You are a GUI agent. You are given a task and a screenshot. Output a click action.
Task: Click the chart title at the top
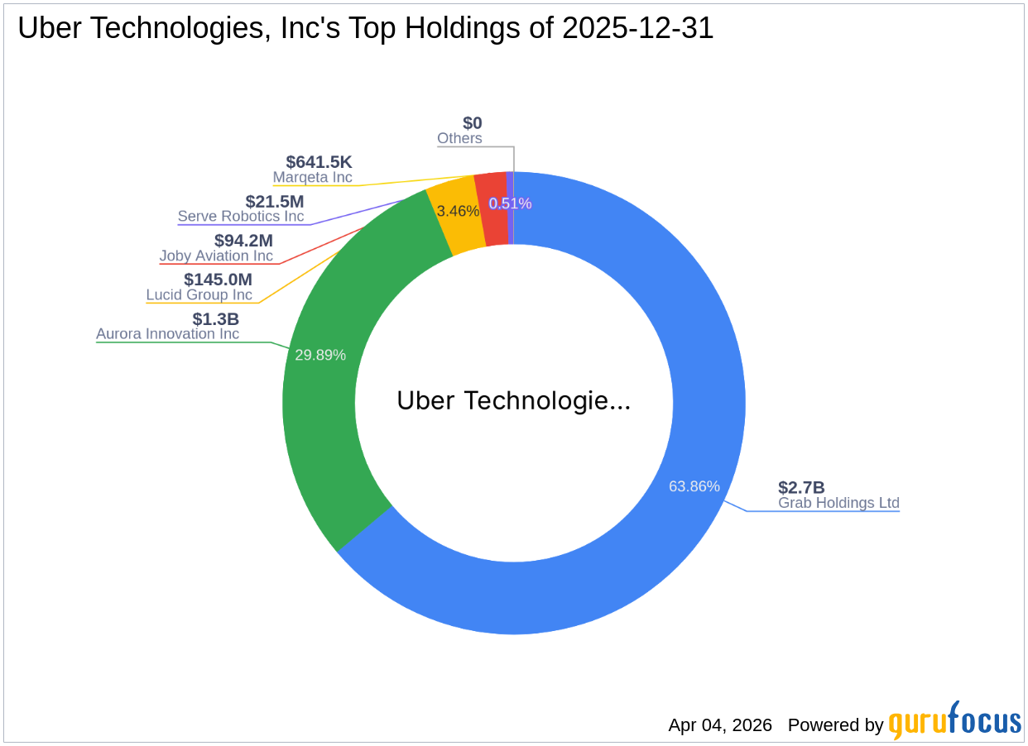click(x=365, y=29)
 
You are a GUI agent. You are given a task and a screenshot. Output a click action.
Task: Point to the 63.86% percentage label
click(x=694, y=486)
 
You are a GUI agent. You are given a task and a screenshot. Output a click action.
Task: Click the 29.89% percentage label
click(x=320, y=355)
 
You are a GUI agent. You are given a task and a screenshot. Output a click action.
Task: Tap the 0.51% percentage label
click(x=510, y=203)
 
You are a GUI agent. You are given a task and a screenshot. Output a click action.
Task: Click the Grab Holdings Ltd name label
click(x=838, y=503)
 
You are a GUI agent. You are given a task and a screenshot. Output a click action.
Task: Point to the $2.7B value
click(x=800, y=487)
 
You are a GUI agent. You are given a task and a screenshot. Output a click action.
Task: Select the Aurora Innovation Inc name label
click(x=167, y=334)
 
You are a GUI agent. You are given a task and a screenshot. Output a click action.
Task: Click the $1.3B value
click(x=215, y=318)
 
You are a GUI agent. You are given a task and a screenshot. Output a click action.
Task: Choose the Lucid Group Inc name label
click(x=199, y=295)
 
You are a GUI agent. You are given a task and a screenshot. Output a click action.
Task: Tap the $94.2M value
click(x=243, y=241)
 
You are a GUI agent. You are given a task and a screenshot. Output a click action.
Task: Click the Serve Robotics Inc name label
click(x=240, y=217)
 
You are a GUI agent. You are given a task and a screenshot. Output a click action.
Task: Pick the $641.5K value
click(x=319, y=162)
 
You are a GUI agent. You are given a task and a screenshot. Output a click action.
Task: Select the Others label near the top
click(x=459, y=139)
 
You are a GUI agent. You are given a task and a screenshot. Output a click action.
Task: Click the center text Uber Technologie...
click(x=513, y=401)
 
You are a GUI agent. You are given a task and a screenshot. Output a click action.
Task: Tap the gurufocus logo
click(x=954, y=722)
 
